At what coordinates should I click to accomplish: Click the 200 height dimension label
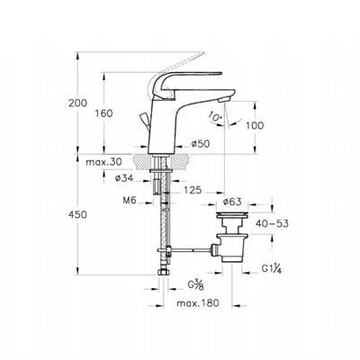point(77,103)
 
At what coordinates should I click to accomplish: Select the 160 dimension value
point(104,113)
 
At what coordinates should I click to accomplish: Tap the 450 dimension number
point(77,214)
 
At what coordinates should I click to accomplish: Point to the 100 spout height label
point(255,125)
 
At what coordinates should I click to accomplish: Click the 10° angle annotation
point(215,117)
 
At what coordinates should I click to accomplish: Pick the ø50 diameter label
point(201,144)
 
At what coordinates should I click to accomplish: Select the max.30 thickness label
point(103,162)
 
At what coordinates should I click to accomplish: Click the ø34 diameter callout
point(124,178)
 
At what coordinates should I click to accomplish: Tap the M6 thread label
point(130,201)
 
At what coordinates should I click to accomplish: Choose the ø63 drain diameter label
point(232,202)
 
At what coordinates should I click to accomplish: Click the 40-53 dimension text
point(272,223)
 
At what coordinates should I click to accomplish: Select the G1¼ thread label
point(271,269)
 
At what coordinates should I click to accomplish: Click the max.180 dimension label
point(198,303)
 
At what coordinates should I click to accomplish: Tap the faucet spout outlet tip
point(224,100)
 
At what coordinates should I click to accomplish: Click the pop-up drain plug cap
point(232,215)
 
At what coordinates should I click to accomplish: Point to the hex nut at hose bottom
point(164,272)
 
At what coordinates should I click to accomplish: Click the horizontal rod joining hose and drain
point(191,249)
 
